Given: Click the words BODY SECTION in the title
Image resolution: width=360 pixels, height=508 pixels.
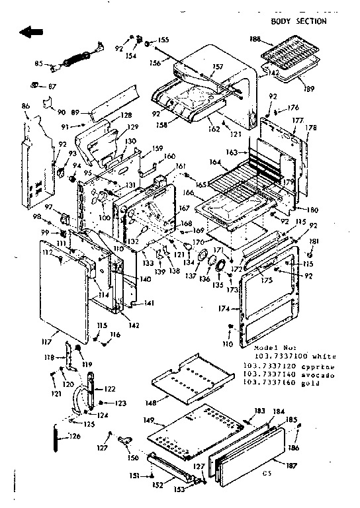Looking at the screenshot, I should click(x=298, y=21).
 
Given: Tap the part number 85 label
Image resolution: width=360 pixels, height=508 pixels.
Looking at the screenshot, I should click(x=38, y=64).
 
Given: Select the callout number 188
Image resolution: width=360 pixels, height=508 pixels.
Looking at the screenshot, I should click(x=255, y=40).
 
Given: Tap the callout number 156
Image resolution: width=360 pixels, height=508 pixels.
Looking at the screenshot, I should click(x=155, y=63).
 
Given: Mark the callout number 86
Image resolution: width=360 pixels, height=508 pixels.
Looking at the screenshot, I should click(x=25, y=106).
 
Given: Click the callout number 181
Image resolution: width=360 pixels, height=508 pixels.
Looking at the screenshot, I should click(x=314, y=241).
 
